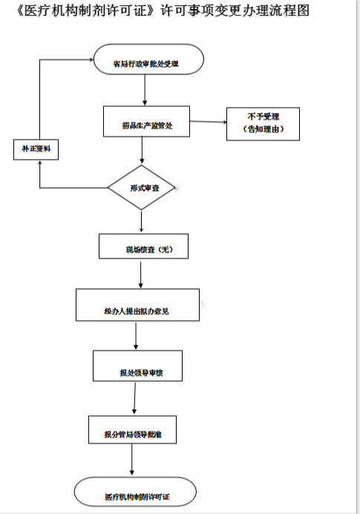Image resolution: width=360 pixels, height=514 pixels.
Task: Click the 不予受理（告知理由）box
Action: (263, 123)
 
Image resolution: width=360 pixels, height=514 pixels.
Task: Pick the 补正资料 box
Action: (36, 149)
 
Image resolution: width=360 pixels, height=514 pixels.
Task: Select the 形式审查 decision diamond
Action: (142, 186)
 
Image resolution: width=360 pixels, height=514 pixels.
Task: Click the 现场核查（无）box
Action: (143, 247)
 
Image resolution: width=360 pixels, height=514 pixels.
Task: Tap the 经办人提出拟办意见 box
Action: (137, 305)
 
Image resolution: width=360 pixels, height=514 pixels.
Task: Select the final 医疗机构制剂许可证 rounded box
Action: (136, 492)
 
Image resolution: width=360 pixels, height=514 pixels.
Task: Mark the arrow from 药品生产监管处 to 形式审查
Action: (143, 150)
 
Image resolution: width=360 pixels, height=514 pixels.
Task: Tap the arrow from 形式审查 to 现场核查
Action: (141, 221)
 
